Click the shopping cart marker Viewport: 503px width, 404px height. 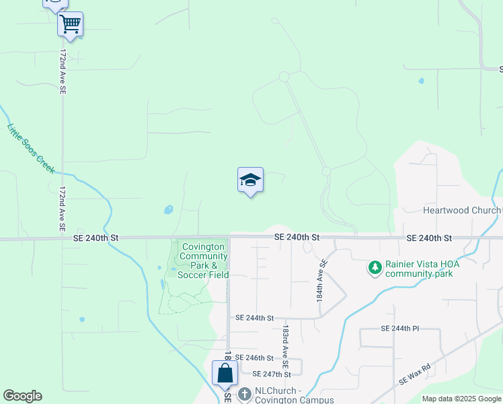(70, 25)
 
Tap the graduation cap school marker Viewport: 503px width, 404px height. (250, 180)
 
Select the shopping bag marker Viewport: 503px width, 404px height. (225, 373)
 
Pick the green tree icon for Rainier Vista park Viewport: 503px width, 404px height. (375, 268)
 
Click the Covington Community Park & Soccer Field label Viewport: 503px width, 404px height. (204, 261)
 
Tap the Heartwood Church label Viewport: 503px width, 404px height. (461, 210)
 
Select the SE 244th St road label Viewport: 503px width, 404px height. (255, 318)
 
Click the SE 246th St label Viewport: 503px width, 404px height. (254, 358)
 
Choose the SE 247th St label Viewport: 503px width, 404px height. (271, 374)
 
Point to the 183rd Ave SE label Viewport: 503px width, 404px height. (286, 342)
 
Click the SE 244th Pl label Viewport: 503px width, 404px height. (399, 329)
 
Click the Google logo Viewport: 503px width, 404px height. (22, 396)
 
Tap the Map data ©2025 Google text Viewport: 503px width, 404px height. (461, 399)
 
